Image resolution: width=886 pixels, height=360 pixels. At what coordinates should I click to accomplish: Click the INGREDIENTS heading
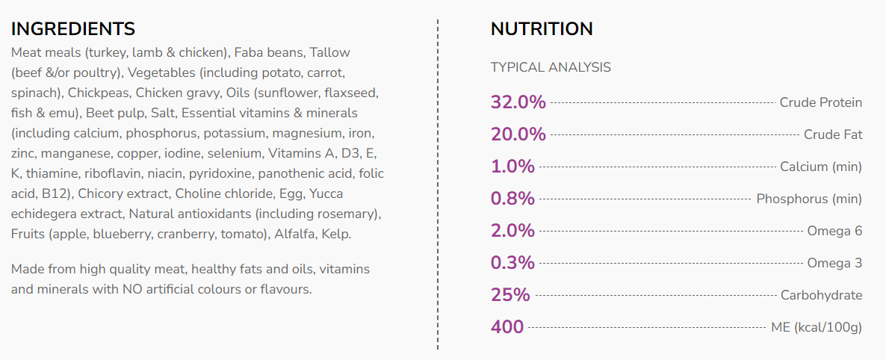click(73, 29)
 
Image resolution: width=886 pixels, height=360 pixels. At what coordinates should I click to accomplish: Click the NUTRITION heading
click(542, 29)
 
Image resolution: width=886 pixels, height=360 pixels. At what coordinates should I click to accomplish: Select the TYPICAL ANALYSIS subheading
click(551, 67)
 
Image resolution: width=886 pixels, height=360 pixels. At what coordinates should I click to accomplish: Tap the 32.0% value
click(518, 102)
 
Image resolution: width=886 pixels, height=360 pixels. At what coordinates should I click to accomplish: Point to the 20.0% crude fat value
click(518, 134)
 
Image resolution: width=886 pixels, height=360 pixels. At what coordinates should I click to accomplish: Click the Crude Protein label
click(820, 102)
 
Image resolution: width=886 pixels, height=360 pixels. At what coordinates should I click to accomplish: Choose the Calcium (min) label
click(821, 167)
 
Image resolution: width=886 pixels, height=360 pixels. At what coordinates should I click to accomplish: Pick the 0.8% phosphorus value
click(512, 199)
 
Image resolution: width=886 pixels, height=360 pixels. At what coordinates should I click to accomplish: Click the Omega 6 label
click(834, 231)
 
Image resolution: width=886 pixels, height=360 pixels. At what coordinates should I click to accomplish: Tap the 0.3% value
click(512, 263)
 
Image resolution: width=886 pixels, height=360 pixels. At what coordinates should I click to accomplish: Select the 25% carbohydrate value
click(510, 295)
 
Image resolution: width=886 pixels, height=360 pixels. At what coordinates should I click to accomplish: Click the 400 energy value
click(507, 327)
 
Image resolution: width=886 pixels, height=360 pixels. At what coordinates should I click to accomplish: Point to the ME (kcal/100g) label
click(817, 327)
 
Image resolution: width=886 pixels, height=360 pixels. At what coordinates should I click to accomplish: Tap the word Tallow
click(329, 52)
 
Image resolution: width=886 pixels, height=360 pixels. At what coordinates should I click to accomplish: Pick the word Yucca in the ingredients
click(362, 193)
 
